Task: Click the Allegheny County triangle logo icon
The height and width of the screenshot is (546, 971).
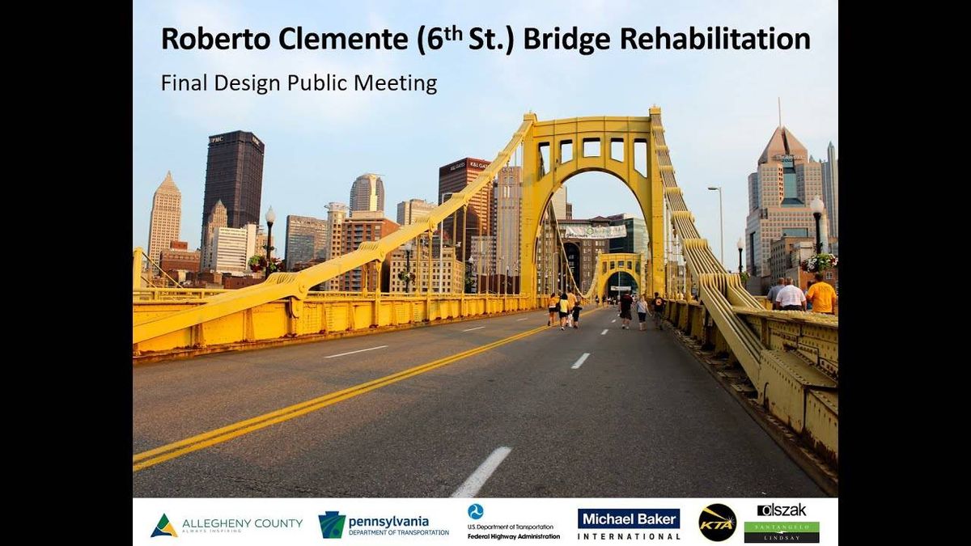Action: coord(163,526)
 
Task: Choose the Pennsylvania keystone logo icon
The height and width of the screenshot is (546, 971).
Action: coord(332,525)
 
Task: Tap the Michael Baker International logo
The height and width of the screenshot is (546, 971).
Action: coord(629,523)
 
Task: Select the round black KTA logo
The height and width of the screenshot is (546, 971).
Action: coord(717,523)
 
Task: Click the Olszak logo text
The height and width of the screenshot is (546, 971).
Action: coord(782,510)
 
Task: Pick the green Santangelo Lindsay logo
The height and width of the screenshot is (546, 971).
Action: coord(782,531)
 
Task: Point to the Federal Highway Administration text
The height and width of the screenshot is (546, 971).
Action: coord(514,535)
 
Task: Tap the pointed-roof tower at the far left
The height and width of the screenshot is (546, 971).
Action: coord(165,214)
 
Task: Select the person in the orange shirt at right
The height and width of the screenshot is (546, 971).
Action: coord(821,294)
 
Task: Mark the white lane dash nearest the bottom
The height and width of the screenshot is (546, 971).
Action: coord(482,471)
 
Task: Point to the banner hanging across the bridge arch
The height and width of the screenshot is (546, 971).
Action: coord(595,231)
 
